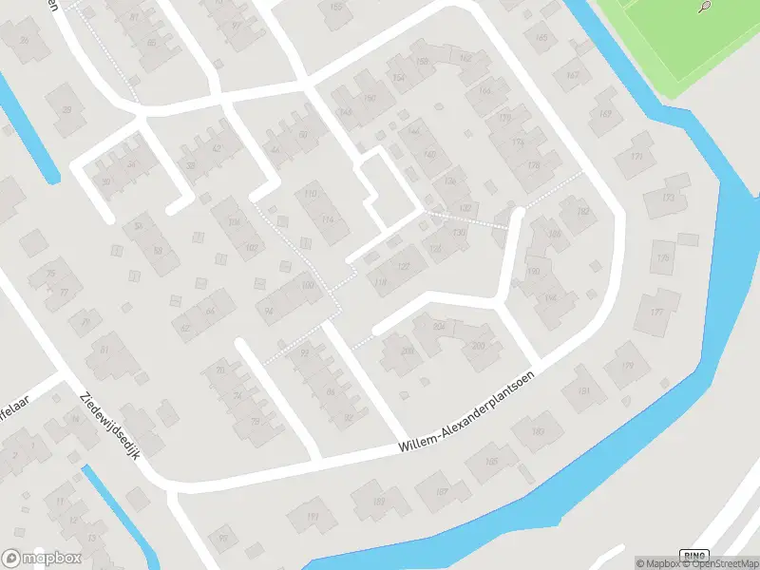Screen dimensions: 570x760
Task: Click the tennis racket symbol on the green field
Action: click(x=704, y=8)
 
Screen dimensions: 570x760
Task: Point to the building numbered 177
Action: click(x=656, y=312)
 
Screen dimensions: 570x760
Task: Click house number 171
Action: click(x=636, y=157)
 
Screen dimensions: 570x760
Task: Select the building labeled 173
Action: click(x=668, y=198)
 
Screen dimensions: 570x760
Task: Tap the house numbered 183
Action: click(x=539, y=431)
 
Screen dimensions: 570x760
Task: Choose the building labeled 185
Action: click(x=491, y=462)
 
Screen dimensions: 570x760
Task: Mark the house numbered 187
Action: click(x=442, y=490)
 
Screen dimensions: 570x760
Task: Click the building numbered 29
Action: click(x=66, y=109)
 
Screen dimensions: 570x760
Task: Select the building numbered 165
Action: click(x=542, y=38)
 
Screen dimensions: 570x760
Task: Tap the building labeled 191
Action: click(x=313, y=516)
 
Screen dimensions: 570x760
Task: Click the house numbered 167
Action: click(x=572, y=74)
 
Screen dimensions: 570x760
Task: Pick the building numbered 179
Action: click(x=626, y=366)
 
